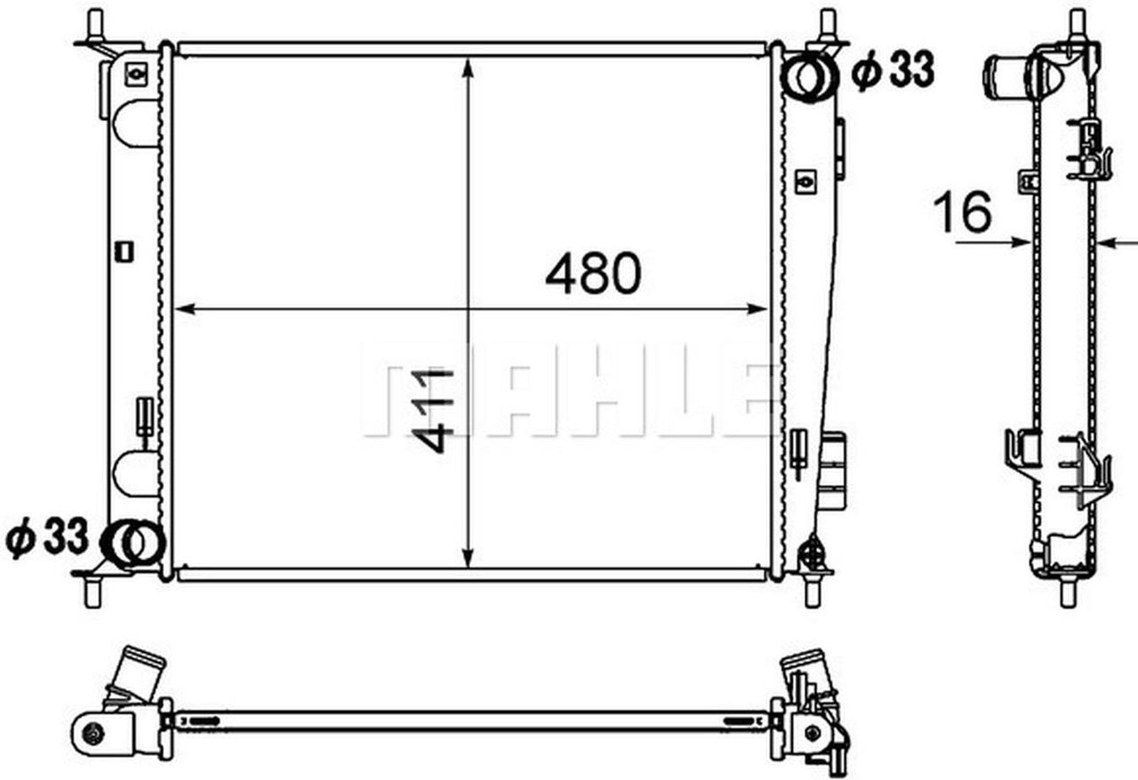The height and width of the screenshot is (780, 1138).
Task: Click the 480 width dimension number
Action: [x=592, y=274]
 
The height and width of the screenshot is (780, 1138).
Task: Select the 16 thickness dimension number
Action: [x=962, y=213]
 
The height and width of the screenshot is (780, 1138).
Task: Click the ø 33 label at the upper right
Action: [x=893, y=71]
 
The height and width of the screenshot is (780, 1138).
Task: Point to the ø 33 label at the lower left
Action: [x=48, y=538]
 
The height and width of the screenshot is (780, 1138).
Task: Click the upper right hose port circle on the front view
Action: [x=810, y=77]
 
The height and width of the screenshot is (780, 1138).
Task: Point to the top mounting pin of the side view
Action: [x=1077, y=22]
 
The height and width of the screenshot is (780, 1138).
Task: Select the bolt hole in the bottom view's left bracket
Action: [x=93, y=733]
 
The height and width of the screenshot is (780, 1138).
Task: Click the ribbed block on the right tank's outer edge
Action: [x=833, y=470]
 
